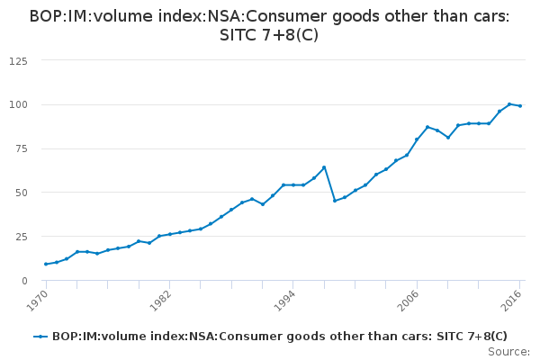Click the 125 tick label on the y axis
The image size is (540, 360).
[18, 60]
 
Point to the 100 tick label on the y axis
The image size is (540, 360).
[18, 104]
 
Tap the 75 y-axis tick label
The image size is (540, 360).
[21, 148]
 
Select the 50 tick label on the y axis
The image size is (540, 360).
[21, 193]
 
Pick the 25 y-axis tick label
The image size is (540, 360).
[21, 237]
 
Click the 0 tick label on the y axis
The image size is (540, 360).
[24, 281]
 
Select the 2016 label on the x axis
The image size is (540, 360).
[510, 296]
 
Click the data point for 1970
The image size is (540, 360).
[46, 264]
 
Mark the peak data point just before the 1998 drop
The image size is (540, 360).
[324, 167]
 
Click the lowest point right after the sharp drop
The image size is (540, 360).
[335, 201]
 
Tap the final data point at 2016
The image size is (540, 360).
[520, 106]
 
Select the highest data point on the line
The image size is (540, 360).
[509, 104]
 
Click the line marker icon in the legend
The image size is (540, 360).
[40, 337]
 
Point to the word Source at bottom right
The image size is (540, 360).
[508, 351]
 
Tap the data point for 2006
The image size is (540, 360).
[417, 139]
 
